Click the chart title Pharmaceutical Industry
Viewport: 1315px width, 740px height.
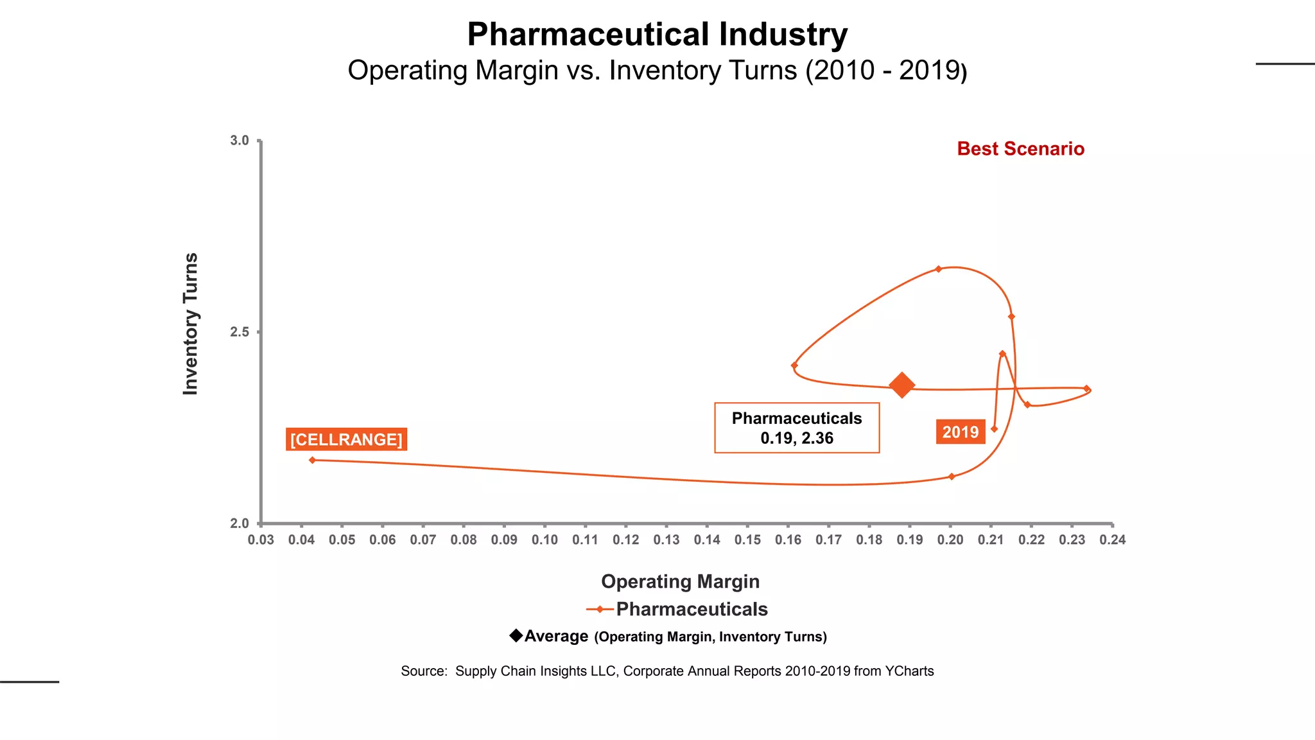[657, 35]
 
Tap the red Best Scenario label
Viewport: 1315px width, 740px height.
[1020, 149]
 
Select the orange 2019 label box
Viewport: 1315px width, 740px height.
[961, 432]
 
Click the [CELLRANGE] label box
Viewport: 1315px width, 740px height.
[346, 439]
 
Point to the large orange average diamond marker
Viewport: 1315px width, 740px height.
[901, 385]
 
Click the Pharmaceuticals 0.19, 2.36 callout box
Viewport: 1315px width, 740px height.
[797, 428]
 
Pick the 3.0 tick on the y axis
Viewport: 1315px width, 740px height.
[239, 140]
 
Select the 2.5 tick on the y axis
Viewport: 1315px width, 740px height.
[239, 332]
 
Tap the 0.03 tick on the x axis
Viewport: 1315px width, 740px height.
[261, 540]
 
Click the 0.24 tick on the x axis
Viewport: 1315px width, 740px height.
[1113, 540]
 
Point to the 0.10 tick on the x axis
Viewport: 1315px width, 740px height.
[544, 540]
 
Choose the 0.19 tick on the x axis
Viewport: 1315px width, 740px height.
[910, 540]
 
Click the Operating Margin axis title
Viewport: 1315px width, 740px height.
[680, 581]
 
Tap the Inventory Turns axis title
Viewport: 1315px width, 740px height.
[191, 324]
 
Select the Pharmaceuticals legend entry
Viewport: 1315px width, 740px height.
[691, 609]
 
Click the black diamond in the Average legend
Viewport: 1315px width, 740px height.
[516, 635]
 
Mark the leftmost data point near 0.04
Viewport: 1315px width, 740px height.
[312, 460]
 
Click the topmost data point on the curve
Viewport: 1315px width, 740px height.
[938, 269]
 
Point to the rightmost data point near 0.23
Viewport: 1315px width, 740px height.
[1086, 389]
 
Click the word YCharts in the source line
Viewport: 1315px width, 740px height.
[909, 671]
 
